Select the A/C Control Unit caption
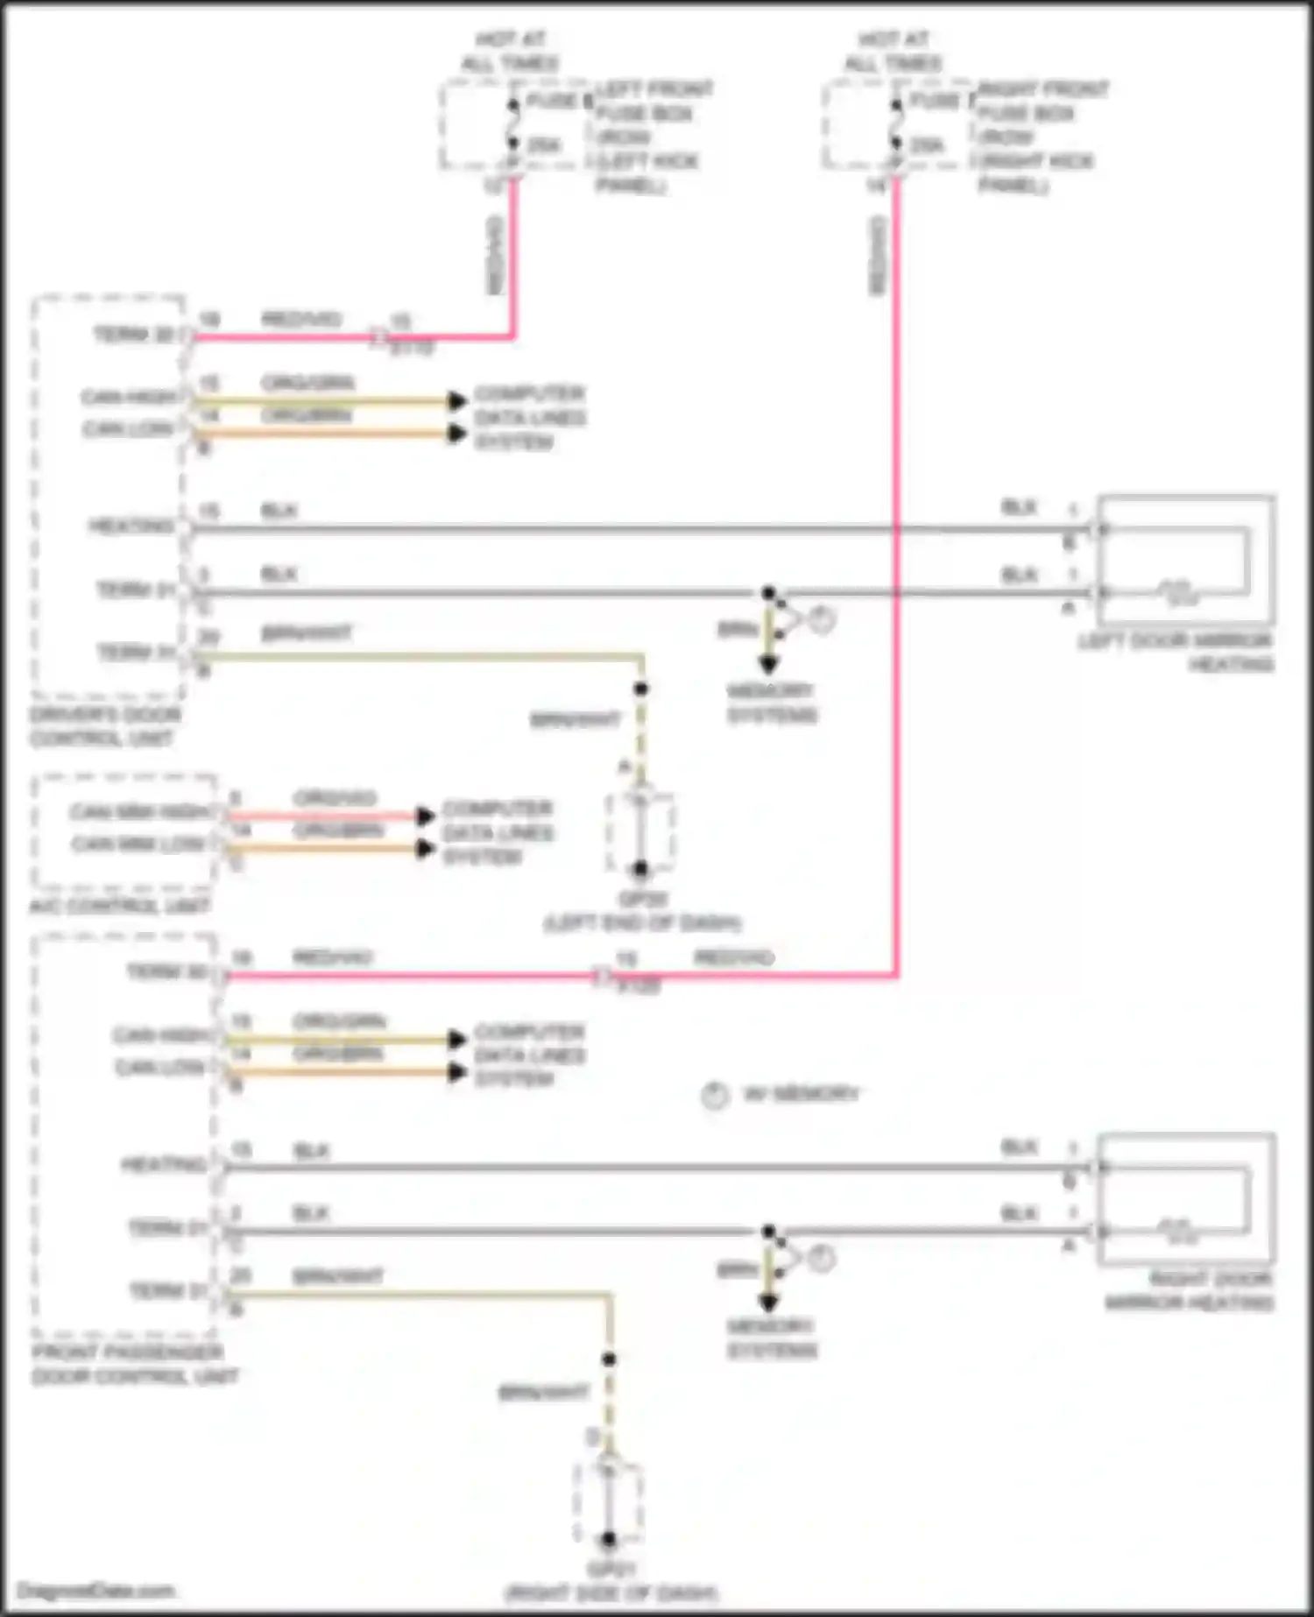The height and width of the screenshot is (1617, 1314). pyautogui.click(x=119, y=905)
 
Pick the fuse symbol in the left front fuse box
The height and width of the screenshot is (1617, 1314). pyautogui.click(x=512, y=124)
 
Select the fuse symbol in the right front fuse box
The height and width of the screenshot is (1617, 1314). pyautogui.click(x=895, y=124)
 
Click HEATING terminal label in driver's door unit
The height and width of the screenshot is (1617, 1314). pyautogui.click(x=131, y=526)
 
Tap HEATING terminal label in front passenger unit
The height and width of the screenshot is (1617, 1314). pyautogui.click(x=163, y=1164)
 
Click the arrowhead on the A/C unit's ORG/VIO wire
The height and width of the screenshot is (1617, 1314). pyautogui.click(x=426, y=816)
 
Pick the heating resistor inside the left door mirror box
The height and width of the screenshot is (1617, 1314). pyautogui.click(x=1179, y=594)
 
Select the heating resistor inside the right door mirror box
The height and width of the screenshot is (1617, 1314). pyautogui.click(x=1179, y=1232)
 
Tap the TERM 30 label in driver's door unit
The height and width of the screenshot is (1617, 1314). pyautogui.click(x=133, y=335)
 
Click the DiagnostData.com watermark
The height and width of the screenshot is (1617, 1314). pyautogui.click(x=95, y=1591)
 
